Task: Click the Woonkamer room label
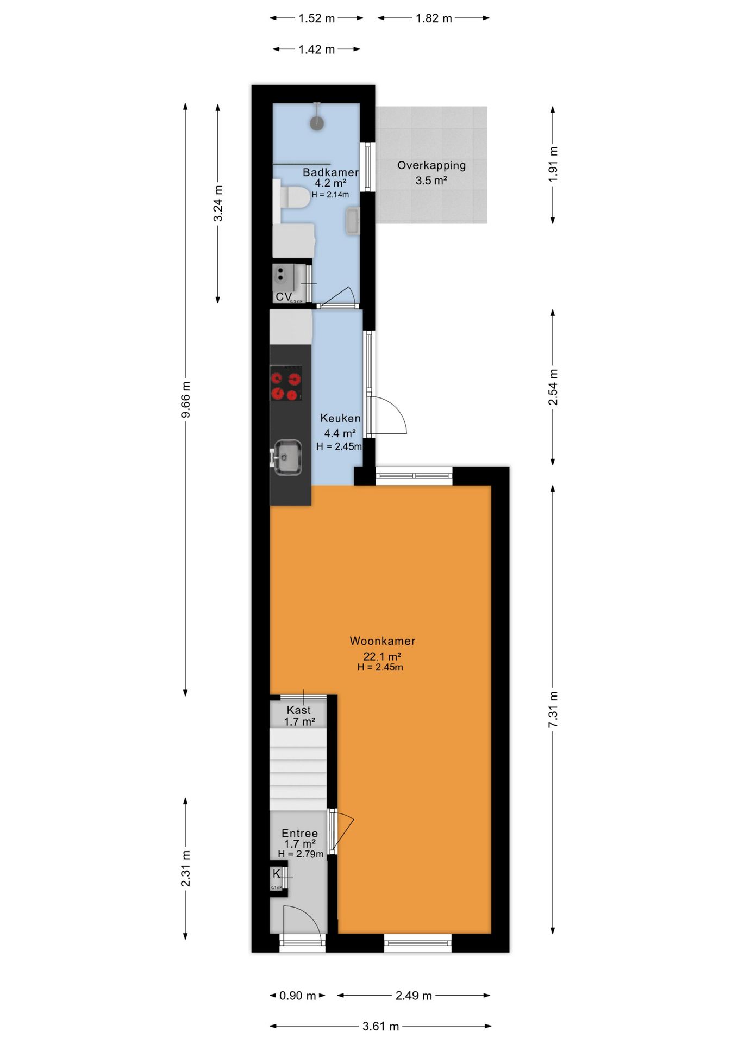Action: [382, 641]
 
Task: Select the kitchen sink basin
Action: [287, 457]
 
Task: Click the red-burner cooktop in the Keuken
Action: [286, 383]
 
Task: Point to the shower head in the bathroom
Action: [317, 123]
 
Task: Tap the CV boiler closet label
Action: [283, 297]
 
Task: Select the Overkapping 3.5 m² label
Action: [431, 172]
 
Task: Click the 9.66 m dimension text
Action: [186, 400]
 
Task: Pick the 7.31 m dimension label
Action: [553, 710]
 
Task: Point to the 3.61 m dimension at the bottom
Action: [380, 1026]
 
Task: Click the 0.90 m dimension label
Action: [297, 996]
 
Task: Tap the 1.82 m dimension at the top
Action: [434, 18]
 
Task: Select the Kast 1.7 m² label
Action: [299, 716]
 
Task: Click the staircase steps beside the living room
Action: [298, 769]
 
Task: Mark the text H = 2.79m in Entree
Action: [301, 854]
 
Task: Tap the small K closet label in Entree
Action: [277, 874]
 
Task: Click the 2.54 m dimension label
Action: [553, 387]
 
